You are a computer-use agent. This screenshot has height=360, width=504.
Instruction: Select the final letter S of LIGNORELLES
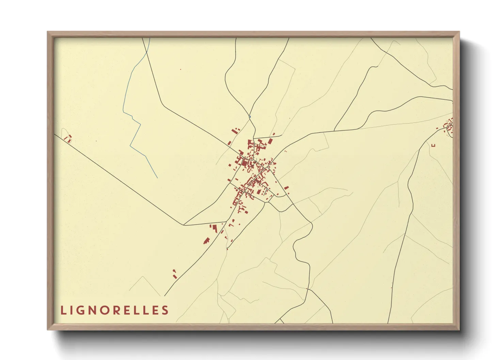[x=165, y=310]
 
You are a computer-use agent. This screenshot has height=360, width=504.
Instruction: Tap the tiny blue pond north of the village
[x=250, y=117]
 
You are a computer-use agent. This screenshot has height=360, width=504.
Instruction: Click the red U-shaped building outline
[x=433, y=145]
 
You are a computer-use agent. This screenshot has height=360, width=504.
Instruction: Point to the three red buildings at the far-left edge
[x=68, y=138]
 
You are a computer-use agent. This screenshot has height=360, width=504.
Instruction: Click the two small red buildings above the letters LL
[x=175, y=274]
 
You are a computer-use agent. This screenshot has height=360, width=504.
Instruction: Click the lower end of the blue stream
[x=157, y=177]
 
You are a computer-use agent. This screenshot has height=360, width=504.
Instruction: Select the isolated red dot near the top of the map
[x=180, y=69]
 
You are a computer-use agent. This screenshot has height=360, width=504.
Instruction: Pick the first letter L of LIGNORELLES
[x=63, y=310]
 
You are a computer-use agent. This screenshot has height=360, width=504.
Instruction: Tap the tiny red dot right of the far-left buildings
[x=96, y=141]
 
